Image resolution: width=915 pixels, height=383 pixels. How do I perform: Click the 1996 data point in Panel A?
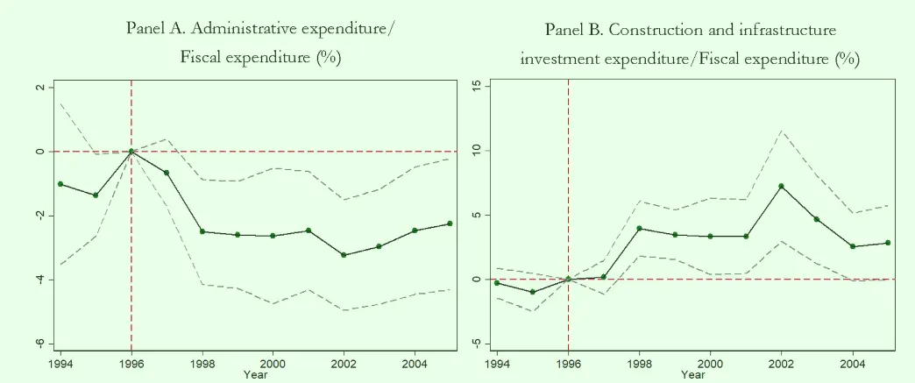[x=131, y=151]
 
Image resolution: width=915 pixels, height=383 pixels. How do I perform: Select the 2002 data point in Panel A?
[x=344, y=255]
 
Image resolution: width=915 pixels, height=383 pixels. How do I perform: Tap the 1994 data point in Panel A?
[x=60, y=184]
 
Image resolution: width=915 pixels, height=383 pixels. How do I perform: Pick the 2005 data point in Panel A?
[x=450, y=223]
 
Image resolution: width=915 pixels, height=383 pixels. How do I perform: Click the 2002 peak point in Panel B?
[x=781, y=186]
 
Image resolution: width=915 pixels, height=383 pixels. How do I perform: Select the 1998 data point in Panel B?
[x=639, y=228]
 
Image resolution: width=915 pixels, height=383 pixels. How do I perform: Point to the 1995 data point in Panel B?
[x=533, y=292]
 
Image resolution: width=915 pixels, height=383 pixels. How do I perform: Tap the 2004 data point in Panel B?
[x=852, y=246]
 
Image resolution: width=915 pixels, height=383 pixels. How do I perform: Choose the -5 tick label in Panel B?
[x=476, y=343]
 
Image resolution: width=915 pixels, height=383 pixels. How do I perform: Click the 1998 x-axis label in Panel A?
[x=202, y=362]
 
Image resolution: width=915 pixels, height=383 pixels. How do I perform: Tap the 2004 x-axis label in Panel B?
[x=852, y=362]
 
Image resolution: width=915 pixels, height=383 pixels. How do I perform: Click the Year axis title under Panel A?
[x=254, y=375]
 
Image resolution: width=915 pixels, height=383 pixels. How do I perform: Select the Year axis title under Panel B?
[x=692, y=375]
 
